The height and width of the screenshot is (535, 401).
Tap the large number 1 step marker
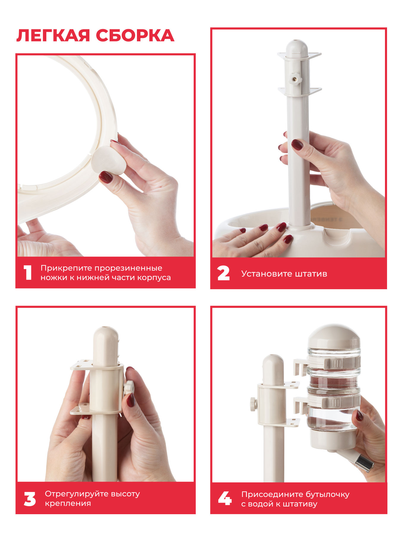[28, 273]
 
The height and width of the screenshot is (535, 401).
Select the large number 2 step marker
[223, 273]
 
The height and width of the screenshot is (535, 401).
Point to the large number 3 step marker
[30, 499]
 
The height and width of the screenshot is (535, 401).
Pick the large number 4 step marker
[225, 498]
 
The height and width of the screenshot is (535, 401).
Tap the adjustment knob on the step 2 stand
[295, 80]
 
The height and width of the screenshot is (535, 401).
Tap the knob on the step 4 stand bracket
[253, 404]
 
